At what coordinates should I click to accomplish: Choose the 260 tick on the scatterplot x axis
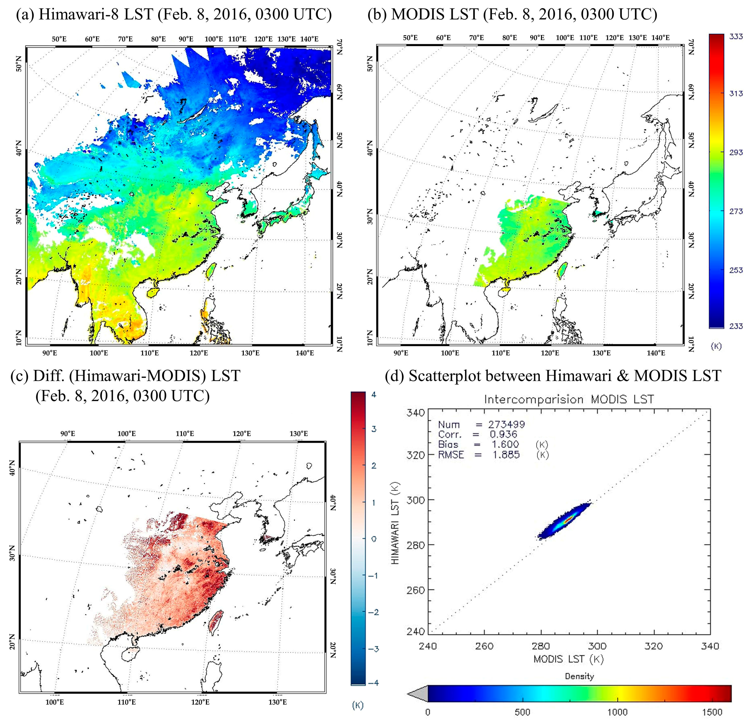(485, 646)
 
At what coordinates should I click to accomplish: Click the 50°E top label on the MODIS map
(410, 38)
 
